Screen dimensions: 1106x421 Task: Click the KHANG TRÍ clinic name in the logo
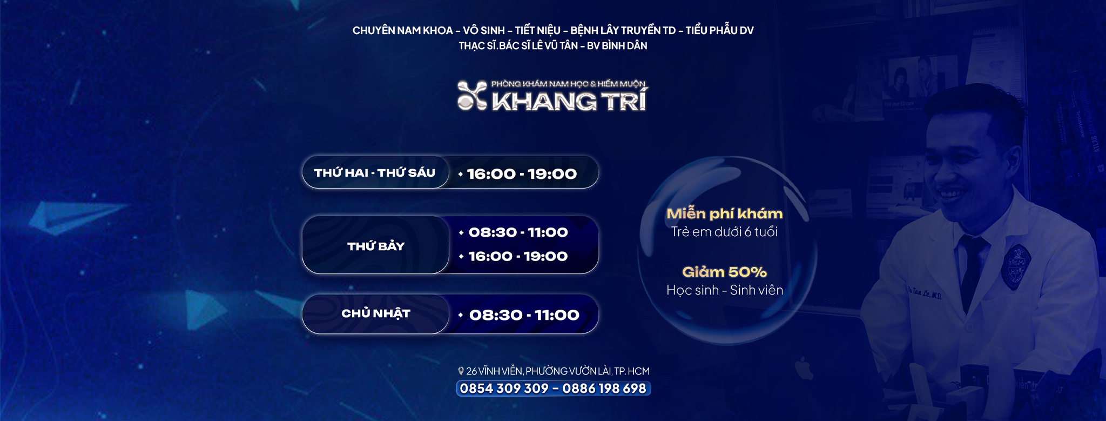(x=569, y=101)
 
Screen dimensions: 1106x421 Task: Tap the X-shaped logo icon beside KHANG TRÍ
(x=473, y=96)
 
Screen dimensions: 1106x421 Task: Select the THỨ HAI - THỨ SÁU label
(x=375, y=173)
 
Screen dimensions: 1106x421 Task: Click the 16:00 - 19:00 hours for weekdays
(x=522, y=174)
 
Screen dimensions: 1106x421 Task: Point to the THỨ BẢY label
(x=376, y=246)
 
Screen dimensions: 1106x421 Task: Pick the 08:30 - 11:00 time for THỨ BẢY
(x=518, y=232)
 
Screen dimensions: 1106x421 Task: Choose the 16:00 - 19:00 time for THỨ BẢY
(x=518, y=256)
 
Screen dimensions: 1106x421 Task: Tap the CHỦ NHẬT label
(x=376, y=313)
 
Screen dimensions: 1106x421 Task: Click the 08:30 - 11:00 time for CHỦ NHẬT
(x=524, y=315)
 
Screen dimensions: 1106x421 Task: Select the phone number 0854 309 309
(x=504, y=389)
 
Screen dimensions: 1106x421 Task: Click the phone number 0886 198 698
(x=604, y=389)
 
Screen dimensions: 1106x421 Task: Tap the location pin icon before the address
(x=461, y=371)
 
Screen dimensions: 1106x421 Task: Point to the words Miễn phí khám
(x=724, y=213)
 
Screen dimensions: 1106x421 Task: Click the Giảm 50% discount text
(x=724, y=272)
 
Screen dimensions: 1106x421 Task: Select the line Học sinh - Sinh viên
(x=725, y=290)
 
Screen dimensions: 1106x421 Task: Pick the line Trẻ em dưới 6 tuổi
(x=724, y=232)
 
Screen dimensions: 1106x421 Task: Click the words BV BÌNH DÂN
(x=617, y=46)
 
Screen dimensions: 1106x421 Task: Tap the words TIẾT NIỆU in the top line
(x=537, y=30)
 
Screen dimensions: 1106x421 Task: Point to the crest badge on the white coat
(x=1016, y=265)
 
